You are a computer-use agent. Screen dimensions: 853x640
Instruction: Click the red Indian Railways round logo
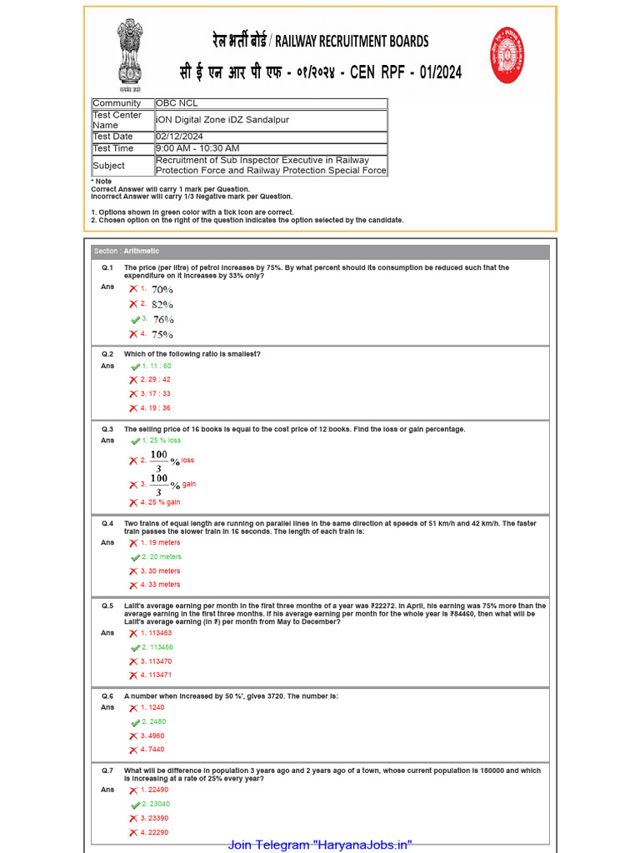tap(507, 55)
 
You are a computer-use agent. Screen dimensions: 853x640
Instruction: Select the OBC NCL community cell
tap(271, 103)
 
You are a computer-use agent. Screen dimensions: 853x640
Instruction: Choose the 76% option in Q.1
tap(162, 320)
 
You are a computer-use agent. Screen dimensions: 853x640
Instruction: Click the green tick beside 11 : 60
tap(135, 367)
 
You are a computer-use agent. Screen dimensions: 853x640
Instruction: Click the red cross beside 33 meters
tap(133, 586)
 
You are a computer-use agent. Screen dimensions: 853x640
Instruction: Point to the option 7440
tap(152, 750)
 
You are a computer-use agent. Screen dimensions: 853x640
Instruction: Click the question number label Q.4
tap(107, 524)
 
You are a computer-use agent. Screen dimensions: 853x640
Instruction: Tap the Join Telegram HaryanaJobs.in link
tap(320, 845)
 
